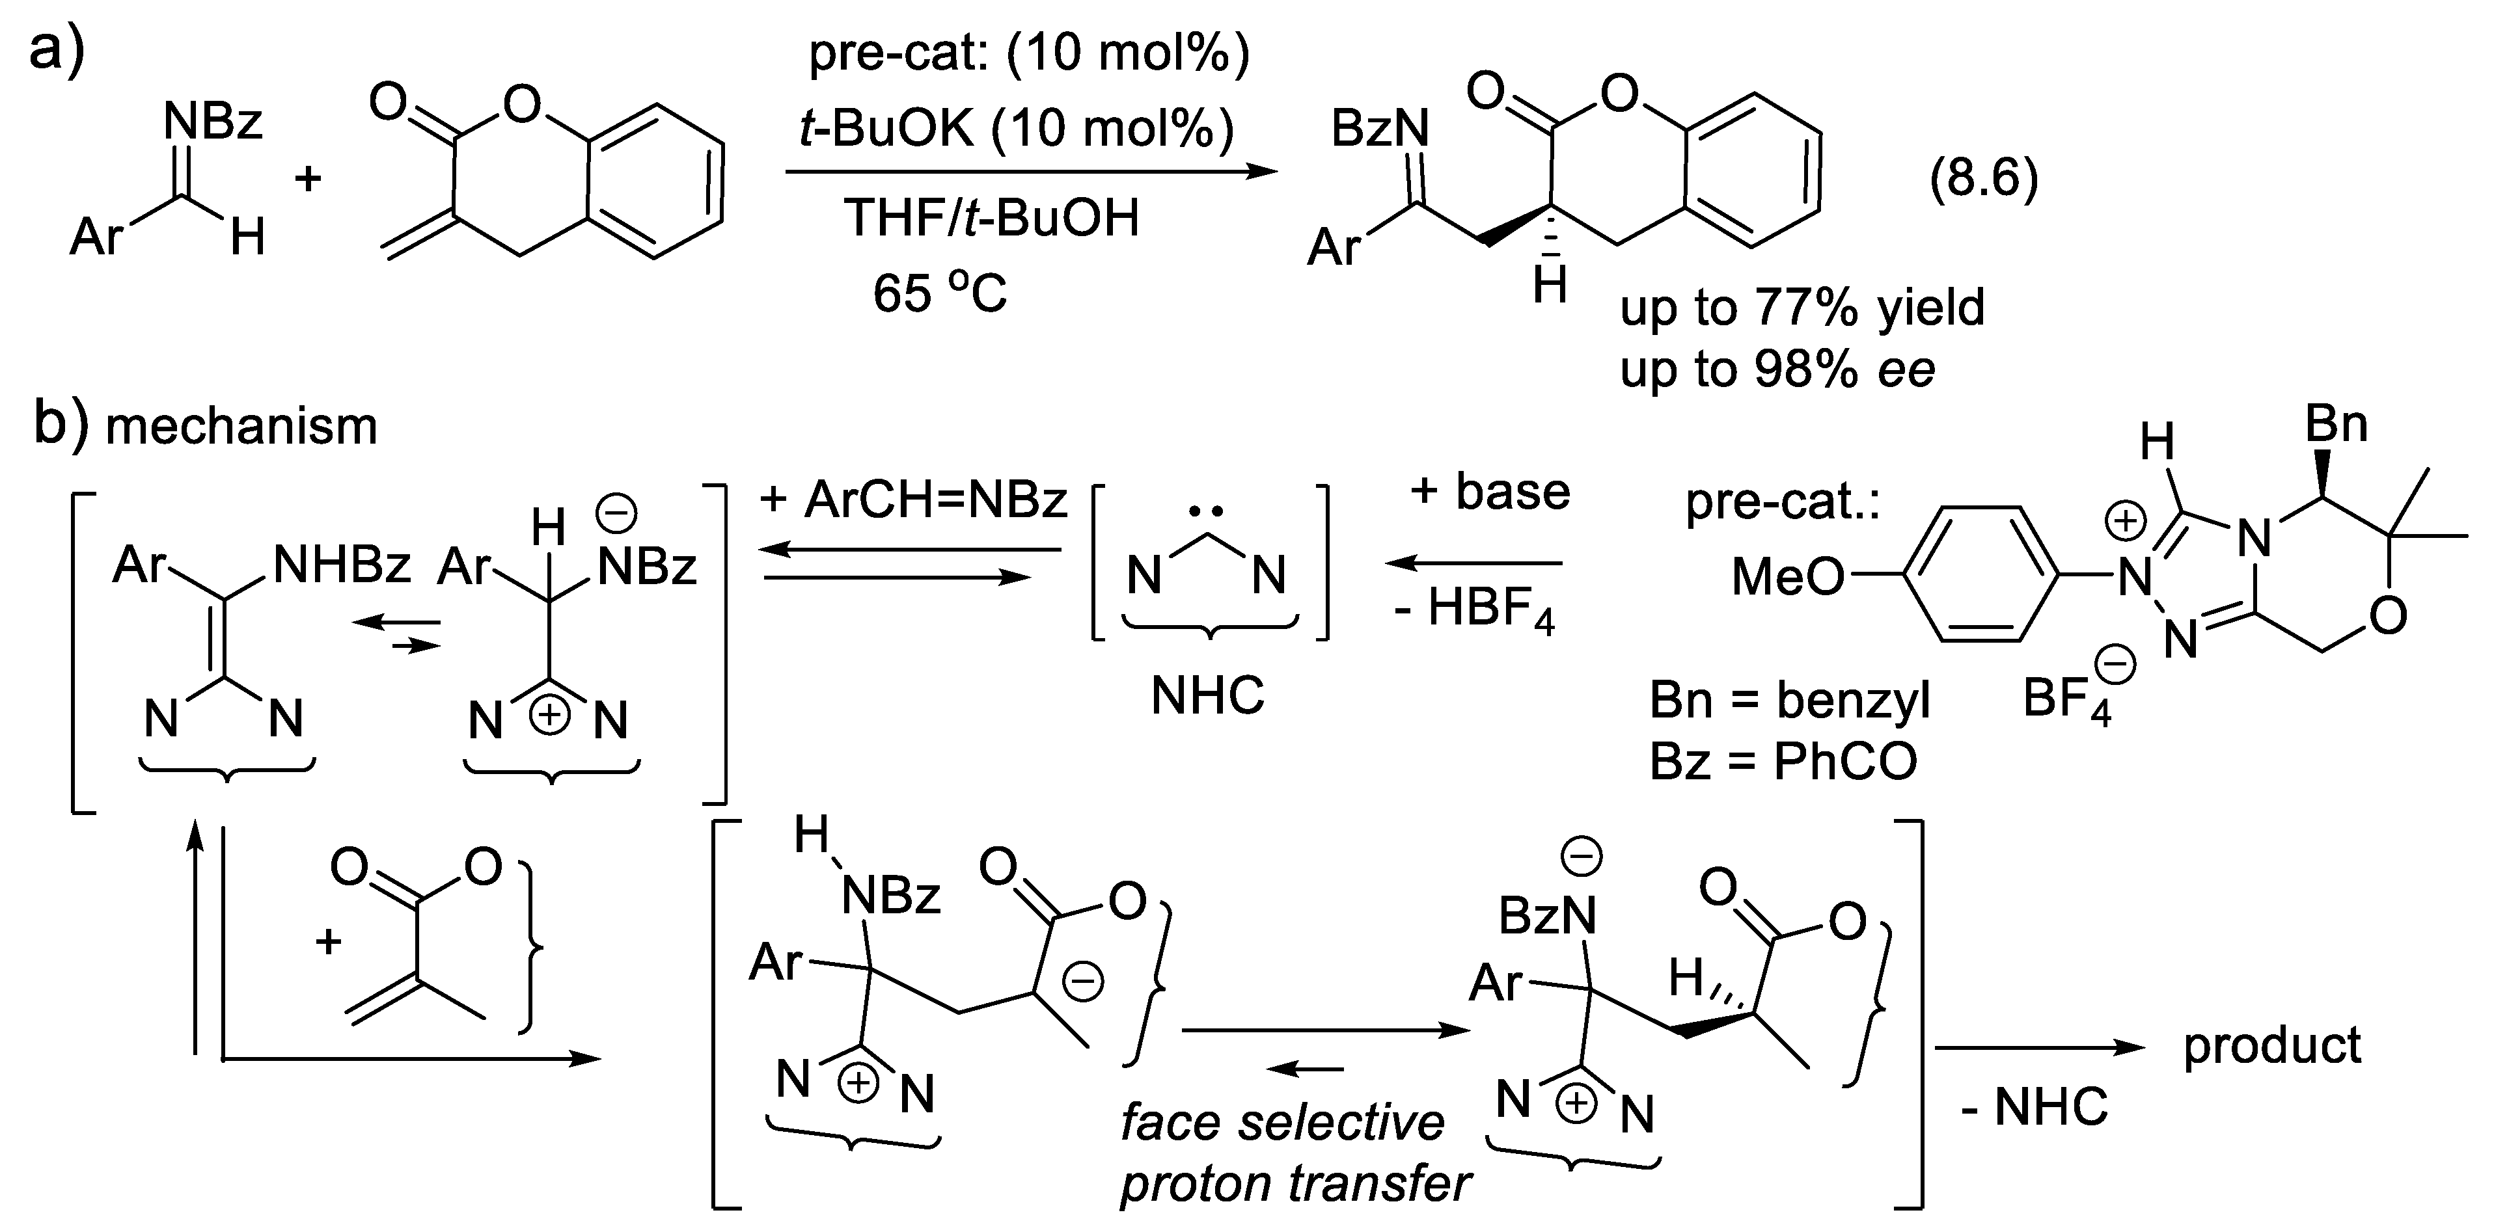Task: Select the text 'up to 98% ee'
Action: pyautogui.click(x=1777, y=369)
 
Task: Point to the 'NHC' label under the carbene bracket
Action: pyautogui.click(x=1207, y=695)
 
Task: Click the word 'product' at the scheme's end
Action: pyautogui.click(x=2272, y=1045)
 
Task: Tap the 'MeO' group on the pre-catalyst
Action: pyautogui.click(x=1787, y=578)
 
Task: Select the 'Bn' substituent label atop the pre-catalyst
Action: pyautogui.click(x=2336, y=424)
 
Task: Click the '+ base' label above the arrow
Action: pyautogui.click(x=1489, y=492)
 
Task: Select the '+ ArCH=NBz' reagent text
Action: pyautogui.click(x=913, y=500)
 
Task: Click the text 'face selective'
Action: pyautogui.click(x=1282, y=1123)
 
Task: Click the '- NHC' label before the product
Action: pyautogui.click(x=2034, y=1107)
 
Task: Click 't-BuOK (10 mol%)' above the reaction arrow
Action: pyautogui.click(x=1017, y=127)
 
